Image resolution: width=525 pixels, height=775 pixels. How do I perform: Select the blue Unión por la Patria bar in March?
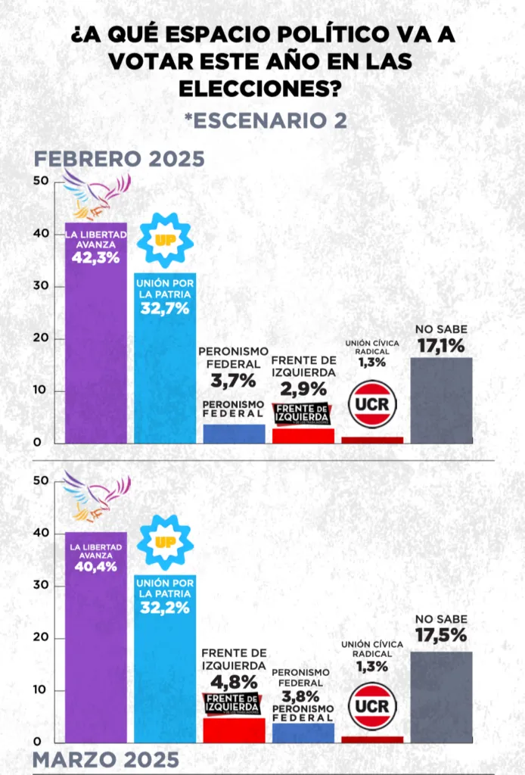[x=165, y=666]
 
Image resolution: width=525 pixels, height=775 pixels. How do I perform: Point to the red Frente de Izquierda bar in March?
[x=234, y=730]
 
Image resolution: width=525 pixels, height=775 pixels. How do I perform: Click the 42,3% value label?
[x=95, y=257]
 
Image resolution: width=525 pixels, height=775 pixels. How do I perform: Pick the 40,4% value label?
[x=95, y=566]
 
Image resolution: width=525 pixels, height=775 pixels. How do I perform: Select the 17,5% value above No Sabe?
[x=441, y=636]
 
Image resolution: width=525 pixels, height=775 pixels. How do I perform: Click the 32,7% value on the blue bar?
[x=165, y=308]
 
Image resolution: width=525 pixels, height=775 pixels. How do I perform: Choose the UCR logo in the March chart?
[x=372, y=706]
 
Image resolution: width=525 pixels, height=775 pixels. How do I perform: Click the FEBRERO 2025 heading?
[x=119, y=159]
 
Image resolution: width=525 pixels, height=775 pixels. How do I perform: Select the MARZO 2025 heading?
[x=106, y=758]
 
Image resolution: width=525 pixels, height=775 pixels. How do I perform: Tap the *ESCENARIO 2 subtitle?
[x=265, y=120]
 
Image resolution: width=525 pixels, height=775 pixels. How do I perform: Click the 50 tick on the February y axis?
[x=41, y=181]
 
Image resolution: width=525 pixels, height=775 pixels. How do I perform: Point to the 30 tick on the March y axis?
[x=41, y=586]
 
